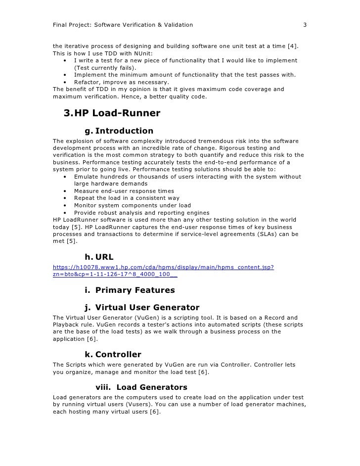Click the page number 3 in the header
pos(305,24)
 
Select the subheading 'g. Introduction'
pos(119,131)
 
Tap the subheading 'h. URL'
pos(99,257)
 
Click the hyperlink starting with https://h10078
pos(163,268)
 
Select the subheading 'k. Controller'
pos(113,355)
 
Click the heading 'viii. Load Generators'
pos(141,387)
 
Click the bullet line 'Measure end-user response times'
pos(124,191)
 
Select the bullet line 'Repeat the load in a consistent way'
pos(127,198)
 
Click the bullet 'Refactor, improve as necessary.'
pos(121,82)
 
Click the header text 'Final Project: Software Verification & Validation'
pos(123,24)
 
